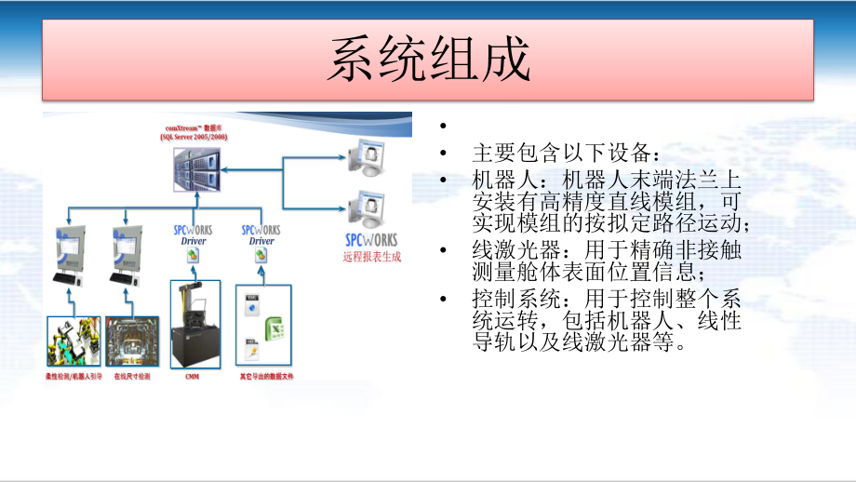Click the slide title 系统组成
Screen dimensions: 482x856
click(x=428, y=60)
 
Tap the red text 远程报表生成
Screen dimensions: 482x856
click(x=370, y=257)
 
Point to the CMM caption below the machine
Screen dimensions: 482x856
click(x=193, y=378)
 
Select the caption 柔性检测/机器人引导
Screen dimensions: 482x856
click(x=73, y=378)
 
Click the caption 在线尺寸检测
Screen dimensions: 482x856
click(x=133, y=378)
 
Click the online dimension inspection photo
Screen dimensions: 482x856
click(x=133, y=341)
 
